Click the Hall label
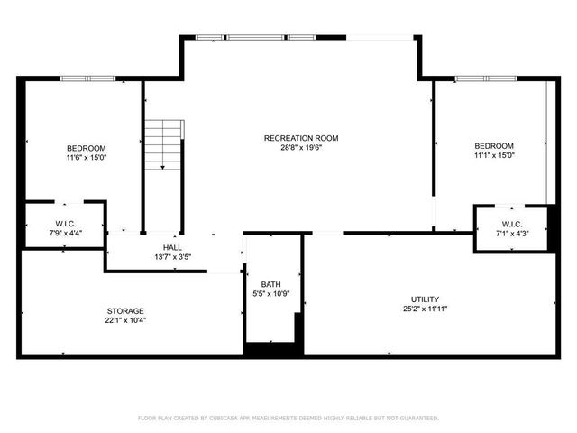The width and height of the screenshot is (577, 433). pos(172,247)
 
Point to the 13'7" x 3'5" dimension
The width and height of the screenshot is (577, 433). pos(172,257)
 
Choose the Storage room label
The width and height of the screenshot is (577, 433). pos(125,311)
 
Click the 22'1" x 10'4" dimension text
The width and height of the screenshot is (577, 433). pos(125,321)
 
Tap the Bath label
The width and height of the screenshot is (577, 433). pos(270,284)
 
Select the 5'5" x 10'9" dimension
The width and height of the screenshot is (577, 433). pos(270,294)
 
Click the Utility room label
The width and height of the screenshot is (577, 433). pos(426,299)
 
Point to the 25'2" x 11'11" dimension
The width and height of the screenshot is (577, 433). pos(426,309)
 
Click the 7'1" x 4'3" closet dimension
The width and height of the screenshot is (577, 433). pos(511,235)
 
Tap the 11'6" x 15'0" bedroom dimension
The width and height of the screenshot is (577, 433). pos(87,158)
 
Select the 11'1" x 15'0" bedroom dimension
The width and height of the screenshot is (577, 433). pos(494,155)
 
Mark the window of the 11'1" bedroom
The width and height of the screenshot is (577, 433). pos(487,79)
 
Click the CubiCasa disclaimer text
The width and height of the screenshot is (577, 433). pos(288,419)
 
